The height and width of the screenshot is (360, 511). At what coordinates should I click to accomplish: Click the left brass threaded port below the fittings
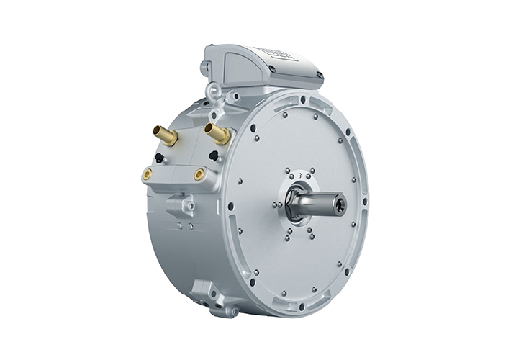click(148, 174)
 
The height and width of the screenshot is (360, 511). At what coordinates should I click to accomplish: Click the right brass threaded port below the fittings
click(199, 174)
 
